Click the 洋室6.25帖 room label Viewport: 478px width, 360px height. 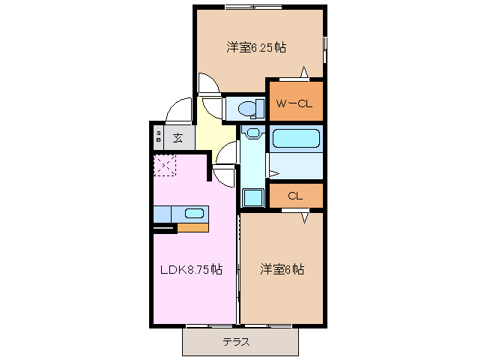257,47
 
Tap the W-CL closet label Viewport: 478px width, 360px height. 294,103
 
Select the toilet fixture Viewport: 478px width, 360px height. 246,109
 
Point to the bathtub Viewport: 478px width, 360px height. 295,138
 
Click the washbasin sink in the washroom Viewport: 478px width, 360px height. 252,133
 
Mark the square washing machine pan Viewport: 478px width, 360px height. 252,198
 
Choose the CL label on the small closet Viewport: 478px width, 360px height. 295,196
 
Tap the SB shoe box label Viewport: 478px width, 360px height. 159,137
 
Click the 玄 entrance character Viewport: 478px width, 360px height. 178,137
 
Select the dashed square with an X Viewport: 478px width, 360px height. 164,165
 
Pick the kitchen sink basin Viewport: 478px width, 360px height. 194,213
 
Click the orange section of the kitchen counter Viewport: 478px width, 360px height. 193,226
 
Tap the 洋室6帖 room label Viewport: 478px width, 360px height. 282,268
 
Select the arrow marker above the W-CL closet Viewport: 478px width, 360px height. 304,72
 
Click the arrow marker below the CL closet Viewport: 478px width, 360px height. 305,217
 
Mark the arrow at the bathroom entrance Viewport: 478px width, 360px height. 273,175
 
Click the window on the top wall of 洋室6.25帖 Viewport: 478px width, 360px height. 252,7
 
